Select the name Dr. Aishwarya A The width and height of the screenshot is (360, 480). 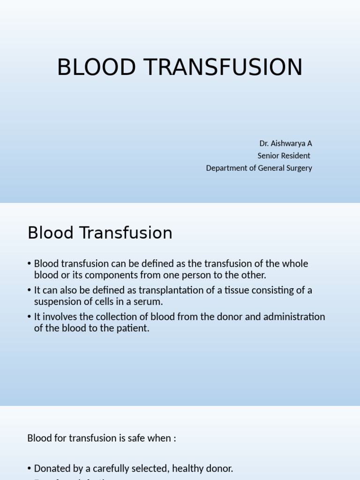[285, 143]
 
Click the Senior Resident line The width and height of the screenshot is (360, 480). [284, 156]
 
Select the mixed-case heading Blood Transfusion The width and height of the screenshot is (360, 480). [100, 233]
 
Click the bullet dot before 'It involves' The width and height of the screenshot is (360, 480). [30, 317]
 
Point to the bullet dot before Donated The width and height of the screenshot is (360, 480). [30, 469]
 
